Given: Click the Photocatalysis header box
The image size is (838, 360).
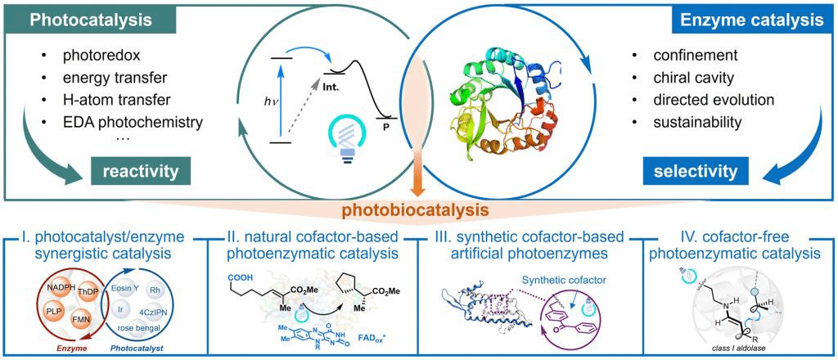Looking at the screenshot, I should coord(76,19).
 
